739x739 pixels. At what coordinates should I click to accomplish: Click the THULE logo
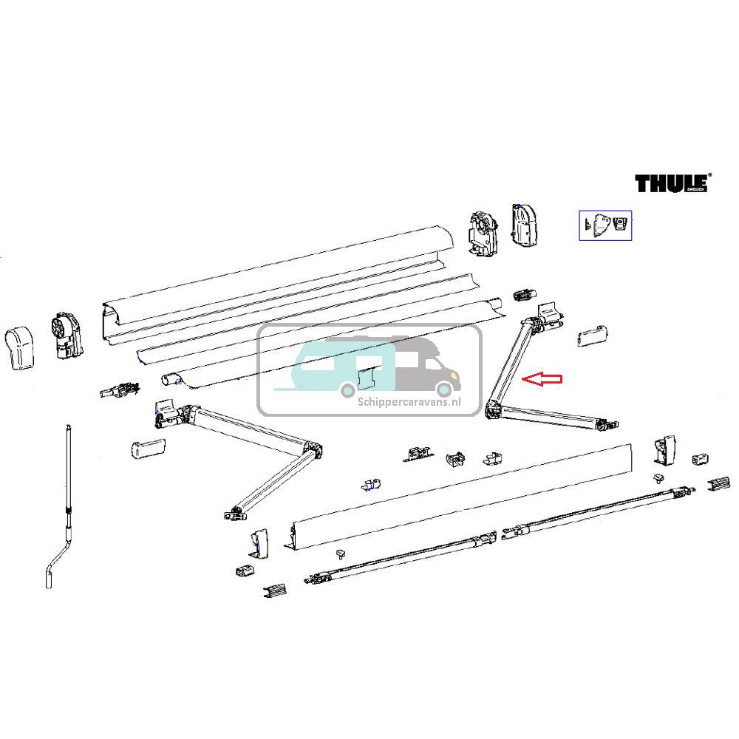coord(672,183)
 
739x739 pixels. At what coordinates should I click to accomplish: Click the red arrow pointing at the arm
coord(542,379)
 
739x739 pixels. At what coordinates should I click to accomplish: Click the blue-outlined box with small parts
coord(605,225)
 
